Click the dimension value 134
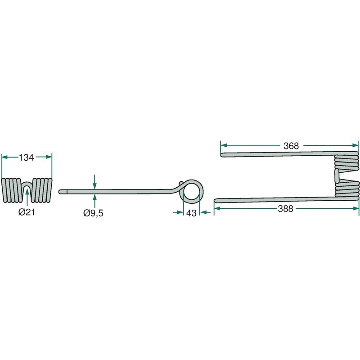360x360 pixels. (27, 157)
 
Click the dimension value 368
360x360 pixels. (292, 146)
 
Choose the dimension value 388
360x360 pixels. (286, 208)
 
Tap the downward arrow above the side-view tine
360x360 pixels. (94, 182)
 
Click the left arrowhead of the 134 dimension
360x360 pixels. (4, 157)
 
